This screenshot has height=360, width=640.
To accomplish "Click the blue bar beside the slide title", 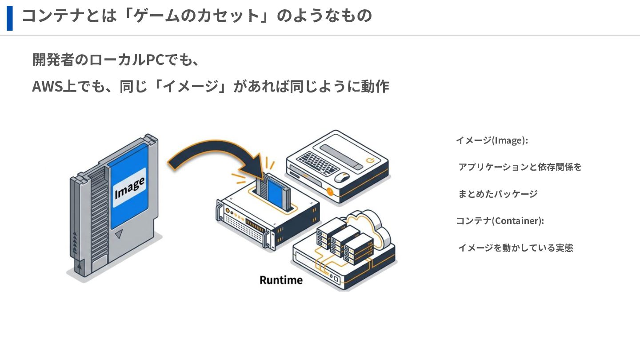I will coord(10,18).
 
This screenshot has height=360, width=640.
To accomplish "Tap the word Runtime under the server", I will coord(281,280).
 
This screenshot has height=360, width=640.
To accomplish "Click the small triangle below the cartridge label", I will coord(119,235).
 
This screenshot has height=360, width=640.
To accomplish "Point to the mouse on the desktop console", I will coord(341,177).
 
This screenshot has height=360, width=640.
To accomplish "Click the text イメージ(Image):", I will coord(492,140).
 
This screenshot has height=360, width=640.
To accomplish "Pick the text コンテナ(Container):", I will coord(500,221).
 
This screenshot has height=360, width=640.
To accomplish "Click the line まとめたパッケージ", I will coord(498,194).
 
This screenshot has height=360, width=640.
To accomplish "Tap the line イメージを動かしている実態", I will coord(515,248).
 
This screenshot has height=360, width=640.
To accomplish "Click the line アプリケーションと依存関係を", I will coord(520,167).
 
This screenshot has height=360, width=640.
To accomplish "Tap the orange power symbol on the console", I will coord(369,160).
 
